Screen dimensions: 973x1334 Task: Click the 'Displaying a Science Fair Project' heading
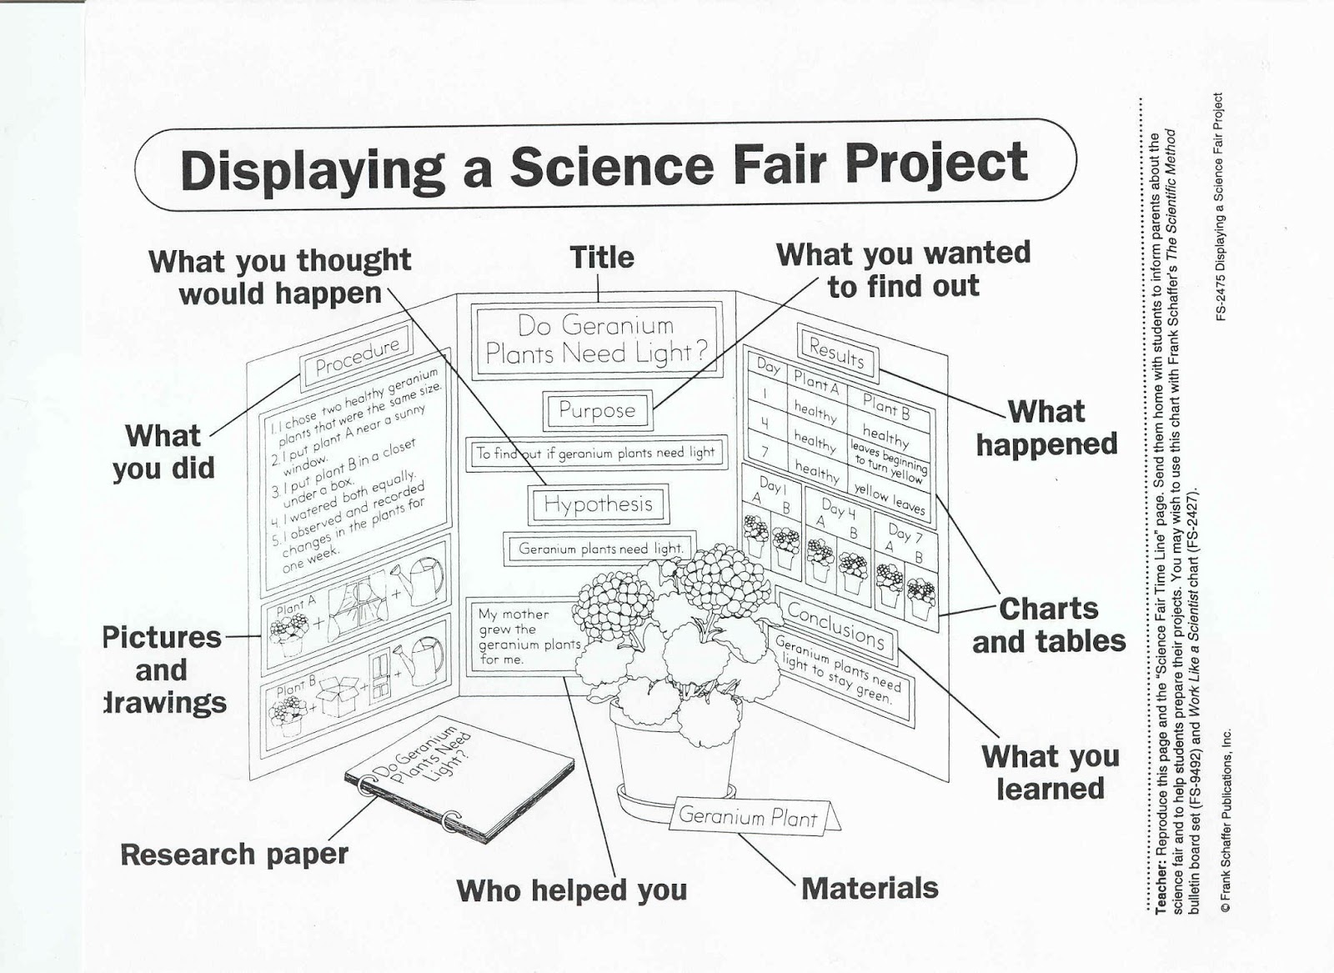604,166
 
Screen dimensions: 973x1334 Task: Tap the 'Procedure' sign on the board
358,354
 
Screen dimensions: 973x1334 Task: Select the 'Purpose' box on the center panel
596,410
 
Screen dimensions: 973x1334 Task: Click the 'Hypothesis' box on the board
598,504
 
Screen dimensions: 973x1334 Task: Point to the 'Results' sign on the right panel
836,354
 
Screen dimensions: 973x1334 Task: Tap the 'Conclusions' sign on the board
835,624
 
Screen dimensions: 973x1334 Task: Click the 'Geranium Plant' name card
748,816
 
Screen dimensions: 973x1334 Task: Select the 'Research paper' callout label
233,855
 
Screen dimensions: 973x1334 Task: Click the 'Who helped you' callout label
571,890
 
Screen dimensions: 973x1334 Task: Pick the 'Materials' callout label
869,888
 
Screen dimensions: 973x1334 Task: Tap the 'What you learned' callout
1050,772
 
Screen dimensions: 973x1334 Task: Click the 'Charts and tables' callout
1048,625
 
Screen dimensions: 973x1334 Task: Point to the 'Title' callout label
601,257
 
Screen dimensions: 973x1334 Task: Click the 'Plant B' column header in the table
886,406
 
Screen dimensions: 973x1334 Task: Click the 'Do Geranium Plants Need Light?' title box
595,339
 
